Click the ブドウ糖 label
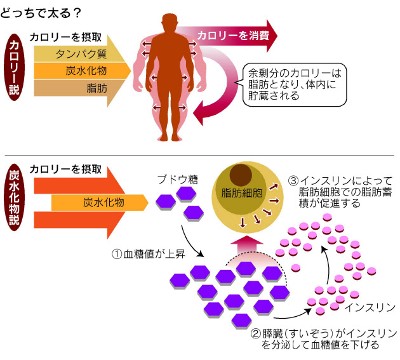[177, 179]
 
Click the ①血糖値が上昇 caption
[147, 254]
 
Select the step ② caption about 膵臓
[324, 339]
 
